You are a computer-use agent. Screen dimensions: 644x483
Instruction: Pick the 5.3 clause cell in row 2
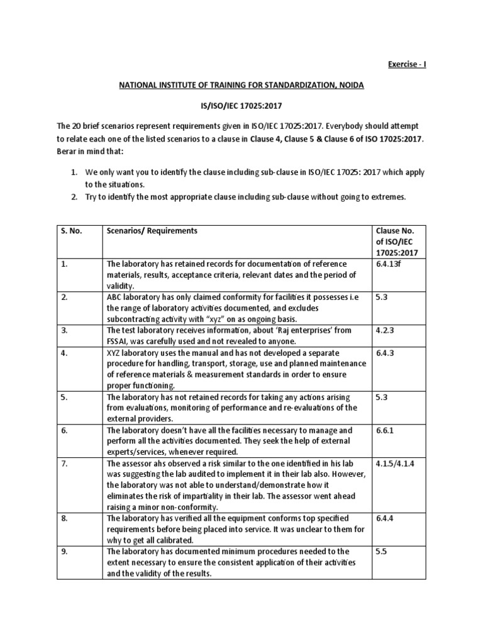tap(381, 297)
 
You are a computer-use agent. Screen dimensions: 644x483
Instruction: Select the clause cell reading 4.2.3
tap(384, 330)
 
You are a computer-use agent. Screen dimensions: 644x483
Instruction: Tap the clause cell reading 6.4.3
tap(384, 352)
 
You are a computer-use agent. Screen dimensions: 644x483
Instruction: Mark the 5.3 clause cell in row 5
tap(381, 397)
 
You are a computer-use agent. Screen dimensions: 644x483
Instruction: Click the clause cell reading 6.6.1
tap(384, 431)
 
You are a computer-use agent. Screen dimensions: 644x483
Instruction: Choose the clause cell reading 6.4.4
tap(384, 519)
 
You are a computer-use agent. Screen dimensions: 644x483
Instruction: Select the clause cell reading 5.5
tap(381, 552)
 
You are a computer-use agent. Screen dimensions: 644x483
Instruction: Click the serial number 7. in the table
tap(64, 464)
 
